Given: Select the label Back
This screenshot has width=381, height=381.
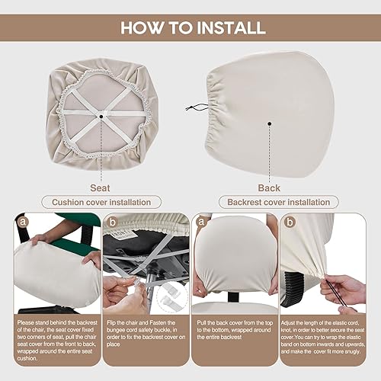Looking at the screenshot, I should pyautogui.click(x=270, y=187).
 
